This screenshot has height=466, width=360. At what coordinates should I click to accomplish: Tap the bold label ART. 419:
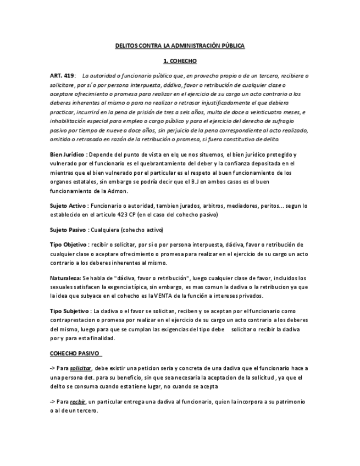point(62,75)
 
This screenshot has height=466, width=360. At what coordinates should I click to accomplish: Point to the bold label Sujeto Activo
point(68,205)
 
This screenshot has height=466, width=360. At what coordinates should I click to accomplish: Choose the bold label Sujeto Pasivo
point(68,230)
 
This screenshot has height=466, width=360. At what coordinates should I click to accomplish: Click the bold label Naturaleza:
point(65,278)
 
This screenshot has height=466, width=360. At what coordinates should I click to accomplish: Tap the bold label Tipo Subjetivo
point(69,312)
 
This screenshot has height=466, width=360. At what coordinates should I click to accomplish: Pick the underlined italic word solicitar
point(81,368)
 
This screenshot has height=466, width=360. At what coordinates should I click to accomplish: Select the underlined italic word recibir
point(77,402)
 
